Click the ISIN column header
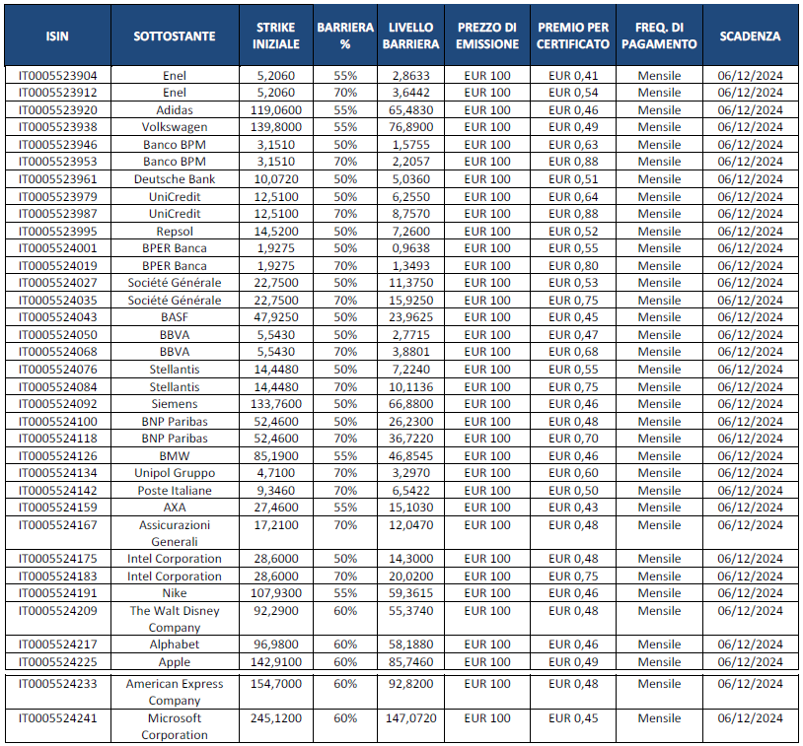coord(58,36)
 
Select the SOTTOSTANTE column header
coord(175,36)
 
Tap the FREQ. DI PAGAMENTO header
coord(660,36)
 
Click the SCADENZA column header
coord(750,36)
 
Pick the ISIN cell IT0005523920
coord(58,109)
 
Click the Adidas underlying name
coord(175,109)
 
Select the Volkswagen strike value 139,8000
coord(276,127)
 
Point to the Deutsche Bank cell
coord(175,178)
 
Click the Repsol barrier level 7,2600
coord(411,231)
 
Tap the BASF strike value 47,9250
coord(276,316)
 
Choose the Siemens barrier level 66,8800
coord(411,403)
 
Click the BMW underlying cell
coord(175,455)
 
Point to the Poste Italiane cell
coord(175,490)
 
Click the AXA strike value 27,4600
coord(276,507)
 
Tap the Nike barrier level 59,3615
coord(411,593)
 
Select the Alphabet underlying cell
coord(175,644)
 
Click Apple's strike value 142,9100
coord(276,662)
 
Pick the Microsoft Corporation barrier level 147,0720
coord(411,718)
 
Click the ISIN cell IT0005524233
coord(58,684)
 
